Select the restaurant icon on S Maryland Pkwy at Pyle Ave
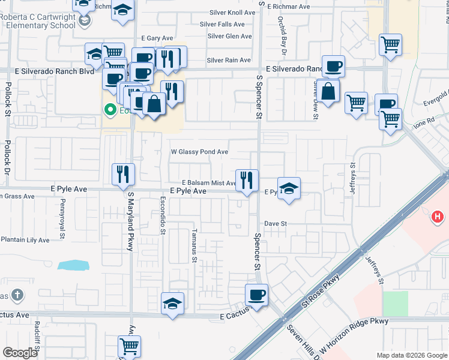(123, 175)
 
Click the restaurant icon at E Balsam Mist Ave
(247, 179)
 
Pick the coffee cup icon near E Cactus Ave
(256, 295)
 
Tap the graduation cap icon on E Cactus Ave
(172, 304)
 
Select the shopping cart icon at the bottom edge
(129, 346)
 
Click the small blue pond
(74, 265)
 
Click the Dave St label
(277, 223)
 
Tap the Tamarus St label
(194, 242)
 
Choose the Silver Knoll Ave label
(233, 13)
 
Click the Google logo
(20, 353)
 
